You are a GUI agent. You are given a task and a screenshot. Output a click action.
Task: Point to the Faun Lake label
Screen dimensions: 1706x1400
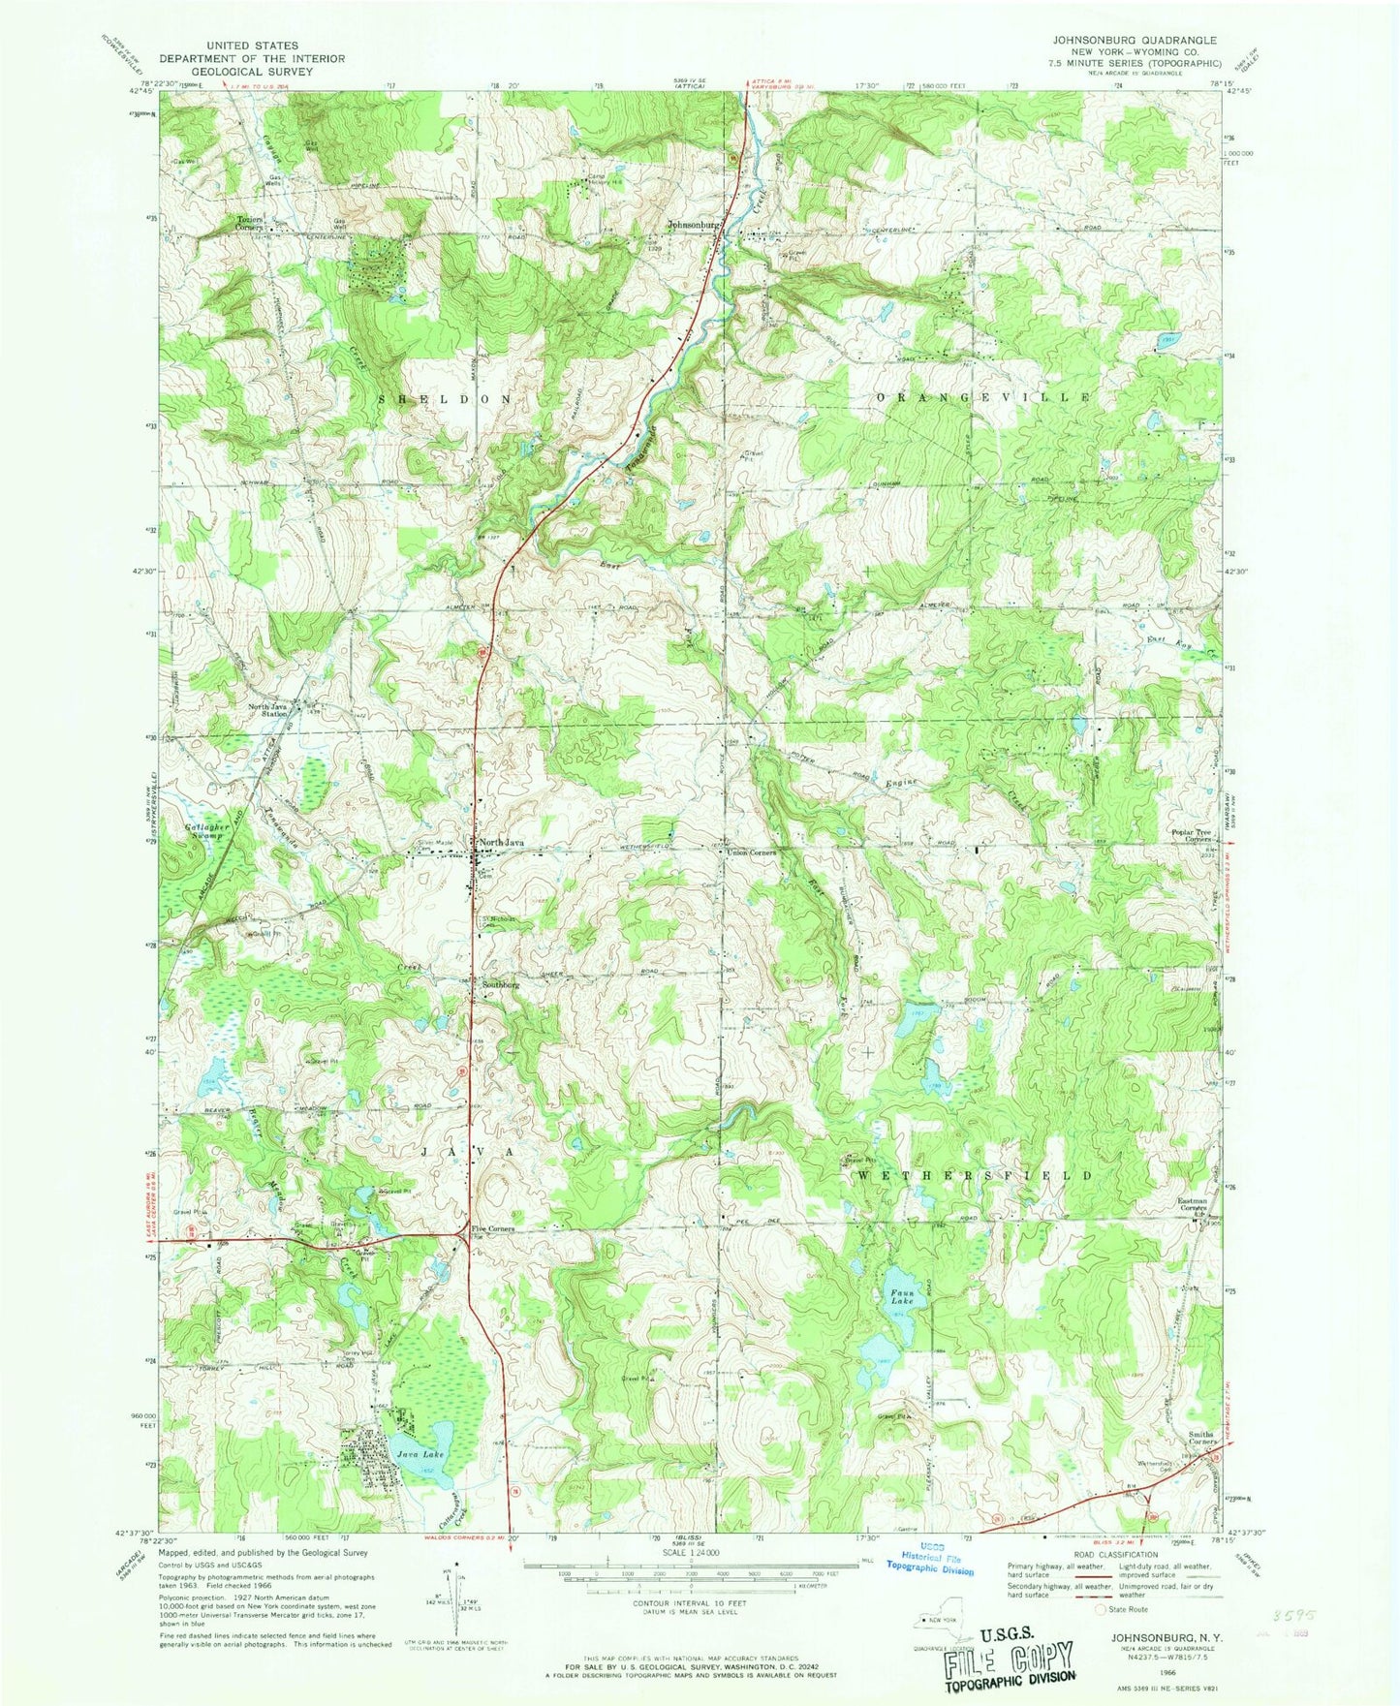click(902, 1295)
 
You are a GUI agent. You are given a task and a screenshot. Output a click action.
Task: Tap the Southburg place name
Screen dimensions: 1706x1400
click(497, 984)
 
